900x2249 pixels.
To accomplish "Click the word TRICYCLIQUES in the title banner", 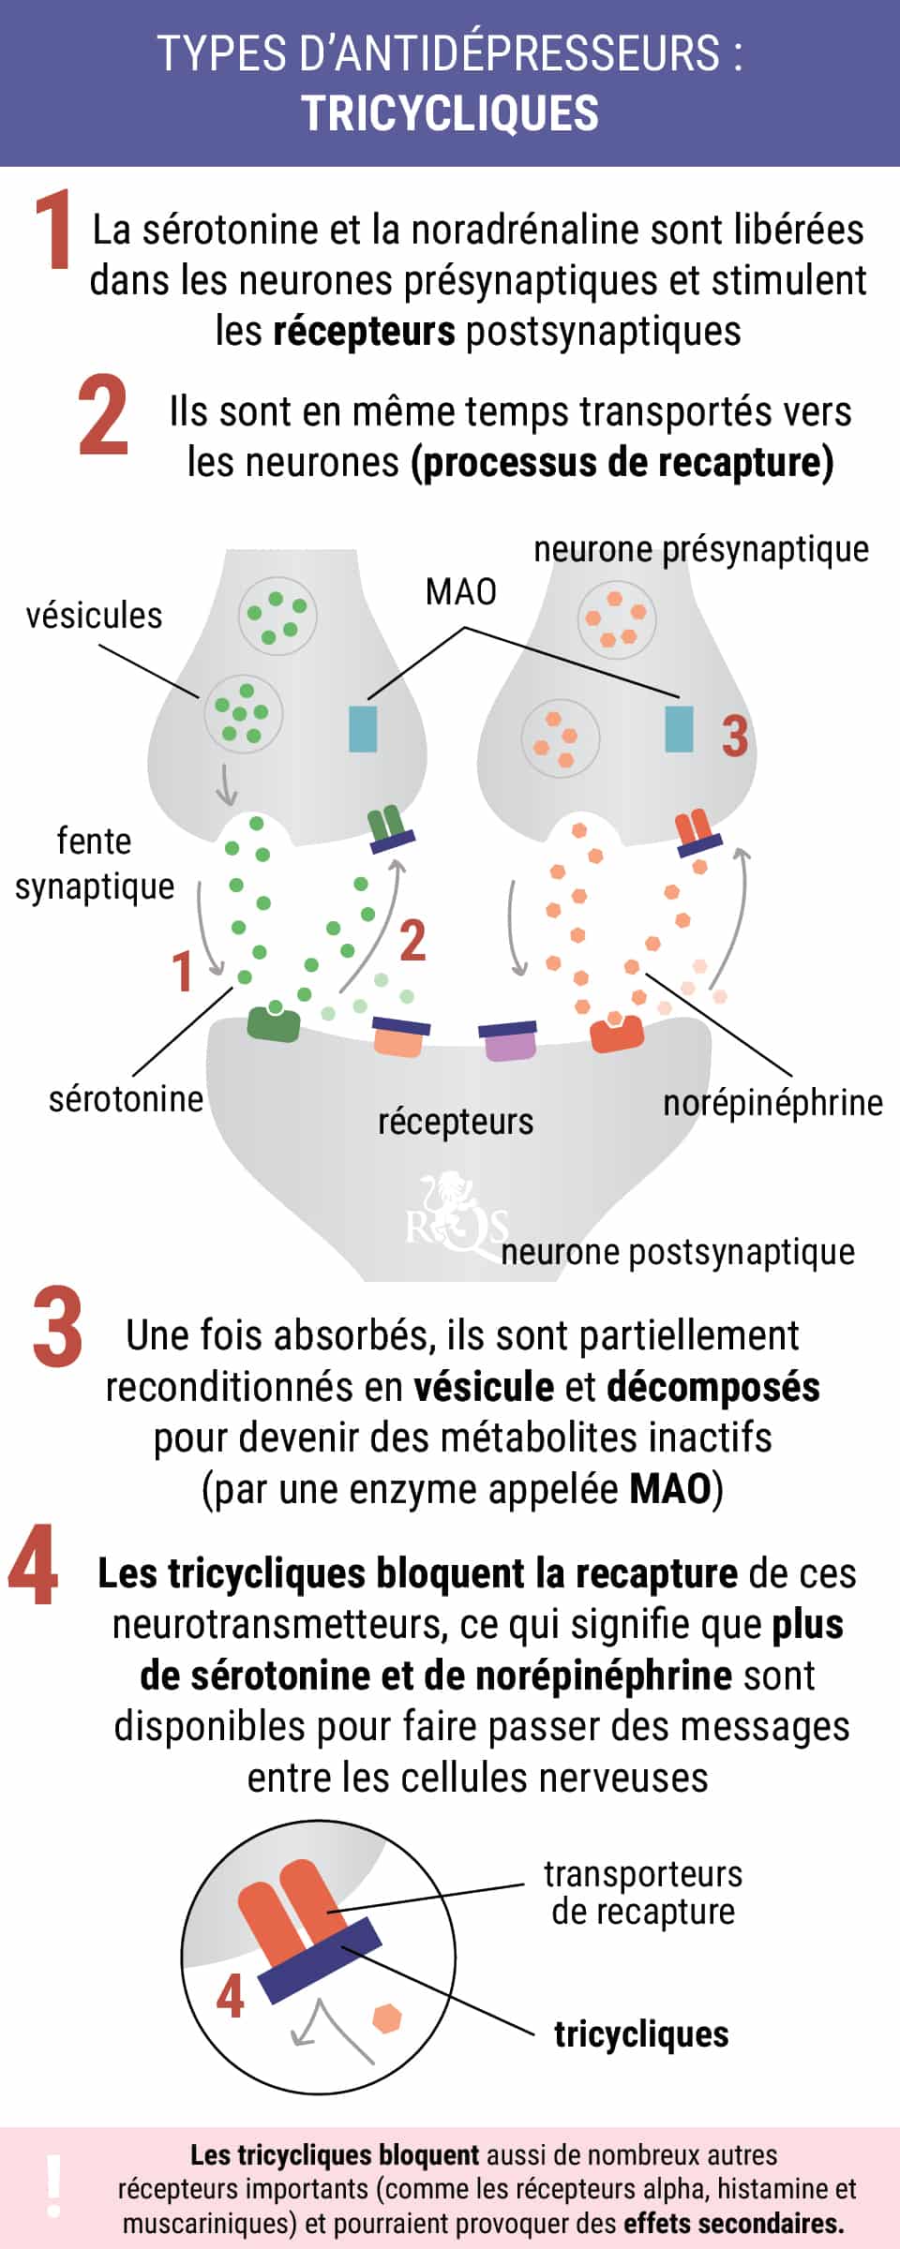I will coord(450,113).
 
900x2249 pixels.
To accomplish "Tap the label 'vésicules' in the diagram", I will coord(94,616).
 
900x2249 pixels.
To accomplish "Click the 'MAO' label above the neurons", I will coord(460,592).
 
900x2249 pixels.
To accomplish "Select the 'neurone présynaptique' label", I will coord(701,549).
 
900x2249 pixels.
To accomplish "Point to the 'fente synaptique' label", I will coord(94,863).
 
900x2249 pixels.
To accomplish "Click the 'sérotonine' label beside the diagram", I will coord(126,1098).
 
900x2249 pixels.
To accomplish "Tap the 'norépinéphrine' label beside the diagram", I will coord(772,1103).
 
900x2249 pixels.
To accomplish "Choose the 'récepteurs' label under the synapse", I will coord(456,1121).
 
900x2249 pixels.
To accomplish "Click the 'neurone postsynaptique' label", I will coord(678,1252).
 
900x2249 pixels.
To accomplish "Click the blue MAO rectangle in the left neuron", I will coord(363,729).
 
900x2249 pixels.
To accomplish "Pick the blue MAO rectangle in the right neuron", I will coord(679,729).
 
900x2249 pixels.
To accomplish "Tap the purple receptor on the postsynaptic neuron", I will coord(509,1040).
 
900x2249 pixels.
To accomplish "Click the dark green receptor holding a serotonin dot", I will coord(274,1024).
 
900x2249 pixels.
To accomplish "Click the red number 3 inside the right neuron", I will coord(735,736).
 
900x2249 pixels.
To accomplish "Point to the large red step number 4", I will coord(34,1566).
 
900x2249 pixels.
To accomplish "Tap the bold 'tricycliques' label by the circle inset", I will coord(641,2033).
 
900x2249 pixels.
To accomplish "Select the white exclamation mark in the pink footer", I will coord(54,2186).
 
